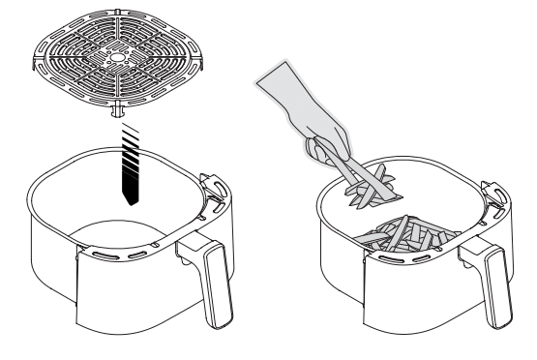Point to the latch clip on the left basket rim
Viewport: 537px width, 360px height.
coord(208,184)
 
